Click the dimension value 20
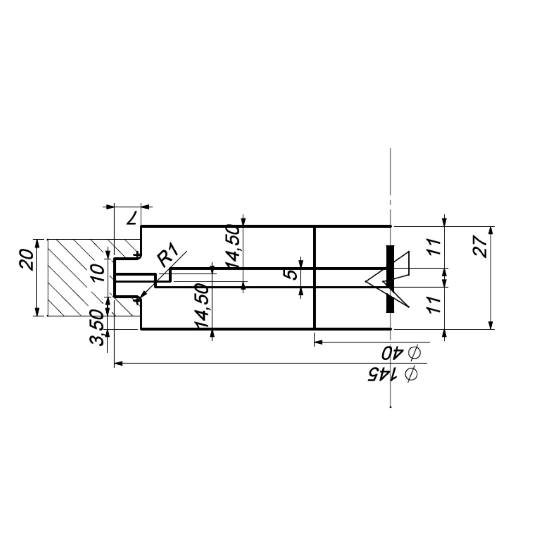(x=26, y=260)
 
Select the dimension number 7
(x=132, y=218)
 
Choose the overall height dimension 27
(x=480, y=247)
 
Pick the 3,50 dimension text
(x=96, y=328)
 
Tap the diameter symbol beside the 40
(x=414, y=353)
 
